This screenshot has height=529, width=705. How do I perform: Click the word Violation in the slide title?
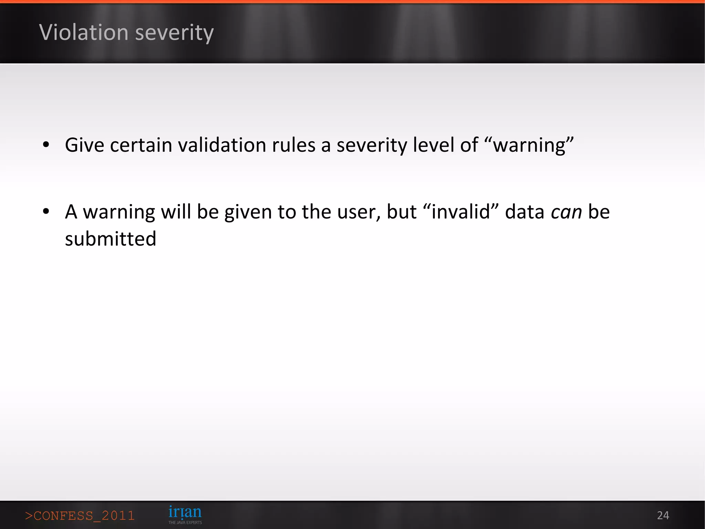pyautogui.click(x=84, y=32)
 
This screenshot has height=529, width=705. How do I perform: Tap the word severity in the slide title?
pyautogui.click(x=174, y=33)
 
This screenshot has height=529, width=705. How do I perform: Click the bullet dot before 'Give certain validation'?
pyautogui.click(x=46, y=145)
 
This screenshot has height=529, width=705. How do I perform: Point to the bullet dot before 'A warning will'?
pyautogui.click(x=46, y=212)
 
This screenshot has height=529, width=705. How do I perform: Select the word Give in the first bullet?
pyautogui.click(x=84, y=145)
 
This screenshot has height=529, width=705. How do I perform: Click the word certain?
pyautogui.click(x=141, y=145)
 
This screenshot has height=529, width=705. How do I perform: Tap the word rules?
pyautogui.click(x=294, y=145)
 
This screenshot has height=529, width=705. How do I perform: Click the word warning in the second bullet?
pyautogui.click(x=119, y=212)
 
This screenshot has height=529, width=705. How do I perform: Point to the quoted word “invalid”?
pyautogui.click(x=461, y=212)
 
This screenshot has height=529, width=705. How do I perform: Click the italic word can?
pyautogui.click(x=566, y=212)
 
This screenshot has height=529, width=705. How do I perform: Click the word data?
pyautogui.click(x=525, y=212)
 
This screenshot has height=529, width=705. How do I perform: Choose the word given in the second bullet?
pyautogui.click(x=248, y=212)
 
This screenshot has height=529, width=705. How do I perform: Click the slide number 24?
pyautogui.click(x=663, y=515)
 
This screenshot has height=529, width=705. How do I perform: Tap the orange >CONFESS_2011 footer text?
pyautogui.click(x=80, y=516)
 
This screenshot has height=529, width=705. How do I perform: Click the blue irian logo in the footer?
pyautogui.click(x=185, y=513)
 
